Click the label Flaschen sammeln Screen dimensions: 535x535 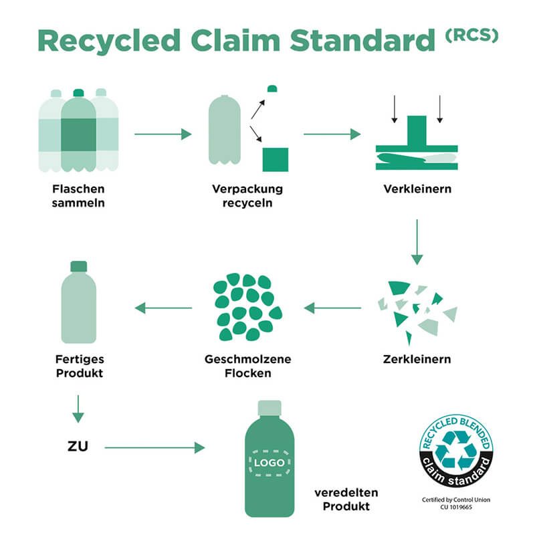[78, 195]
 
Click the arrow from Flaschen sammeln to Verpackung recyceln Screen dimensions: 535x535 [163, 134]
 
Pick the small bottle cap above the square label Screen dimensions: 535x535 [272, 88]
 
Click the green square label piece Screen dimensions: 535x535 [275, 159]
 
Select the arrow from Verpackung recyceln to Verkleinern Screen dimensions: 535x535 [332, 134]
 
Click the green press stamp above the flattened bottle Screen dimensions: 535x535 [416, 130]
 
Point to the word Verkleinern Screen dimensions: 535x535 [417, 189]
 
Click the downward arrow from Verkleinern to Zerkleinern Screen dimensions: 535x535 [417, 241]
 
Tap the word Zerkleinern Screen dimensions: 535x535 [417, 359]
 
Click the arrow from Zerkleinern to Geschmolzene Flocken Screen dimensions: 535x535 [332, 308]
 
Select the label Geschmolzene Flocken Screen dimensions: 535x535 [247, 366]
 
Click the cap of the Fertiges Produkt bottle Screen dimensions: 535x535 [78, 266]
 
